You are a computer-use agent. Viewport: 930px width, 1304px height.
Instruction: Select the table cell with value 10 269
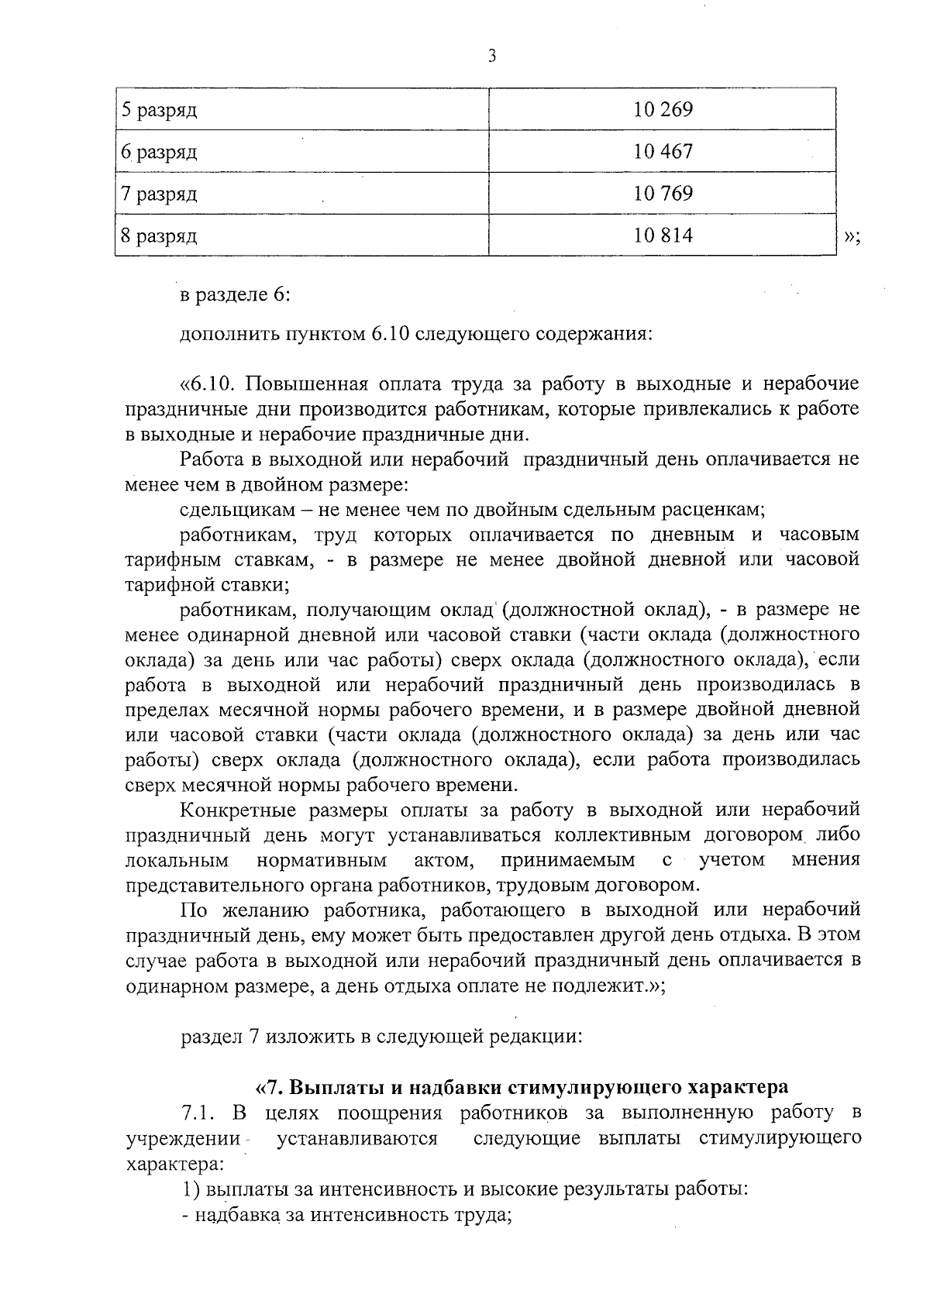[663, 109]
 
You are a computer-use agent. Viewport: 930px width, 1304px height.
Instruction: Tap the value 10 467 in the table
[663, 151]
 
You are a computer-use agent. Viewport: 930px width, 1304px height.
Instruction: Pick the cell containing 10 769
[663, 193]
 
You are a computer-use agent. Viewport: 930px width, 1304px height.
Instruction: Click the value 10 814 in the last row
[663, 235]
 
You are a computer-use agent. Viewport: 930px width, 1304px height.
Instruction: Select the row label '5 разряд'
[159, 110]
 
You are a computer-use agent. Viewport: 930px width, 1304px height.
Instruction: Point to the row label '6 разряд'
[159, 152]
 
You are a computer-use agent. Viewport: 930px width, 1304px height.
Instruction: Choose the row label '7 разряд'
[159, 194]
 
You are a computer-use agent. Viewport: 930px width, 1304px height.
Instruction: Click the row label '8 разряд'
[159, 236]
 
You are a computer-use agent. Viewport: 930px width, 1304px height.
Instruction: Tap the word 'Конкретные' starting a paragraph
[236, 810]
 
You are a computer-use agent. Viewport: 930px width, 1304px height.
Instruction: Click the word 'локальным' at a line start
[177, 860]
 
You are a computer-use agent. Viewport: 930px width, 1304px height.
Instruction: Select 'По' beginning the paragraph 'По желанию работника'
[192, 910]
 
